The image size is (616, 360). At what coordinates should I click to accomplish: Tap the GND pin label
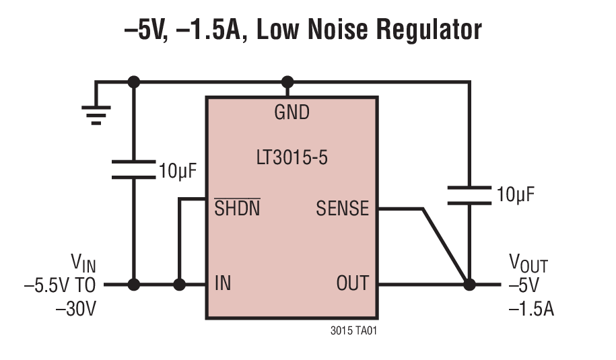tap(292, 112)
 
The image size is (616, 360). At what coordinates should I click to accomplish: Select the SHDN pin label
tap(237, 209)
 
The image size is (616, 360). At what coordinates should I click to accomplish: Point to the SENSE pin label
tap(343, 209)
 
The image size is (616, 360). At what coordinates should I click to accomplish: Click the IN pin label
tap(222, 283)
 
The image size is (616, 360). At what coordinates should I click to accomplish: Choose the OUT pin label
tap(352, 283)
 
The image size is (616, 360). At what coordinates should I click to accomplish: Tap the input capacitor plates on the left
tap(133, 169)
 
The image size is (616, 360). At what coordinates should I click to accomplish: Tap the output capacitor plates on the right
tap(470, 194)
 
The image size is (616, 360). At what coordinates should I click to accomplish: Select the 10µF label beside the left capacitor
tap(178, 170)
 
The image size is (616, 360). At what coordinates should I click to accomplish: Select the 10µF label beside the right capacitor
tap(516, 195)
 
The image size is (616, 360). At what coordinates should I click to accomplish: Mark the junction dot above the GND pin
tap(288, 82)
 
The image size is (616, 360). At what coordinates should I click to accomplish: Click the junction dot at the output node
tap(469, 285)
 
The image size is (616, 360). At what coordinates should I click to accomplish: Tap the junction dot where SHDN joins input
tap(179, 285)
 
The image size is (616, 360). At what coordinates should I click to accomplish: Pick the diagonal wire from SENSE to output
tap(444, 246)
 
